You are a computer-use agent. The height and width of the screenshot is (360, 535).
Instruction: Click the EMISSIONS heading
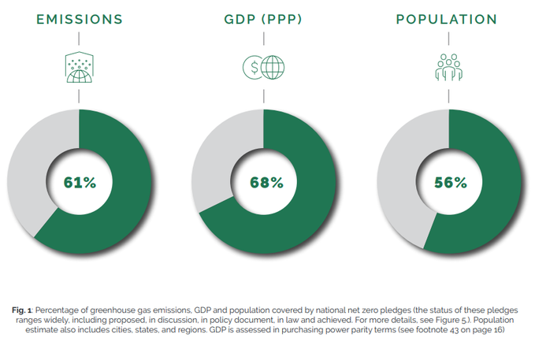(79, 20)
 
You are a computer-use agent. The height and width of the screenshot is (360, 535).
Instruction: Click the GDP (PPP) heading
(265, 20)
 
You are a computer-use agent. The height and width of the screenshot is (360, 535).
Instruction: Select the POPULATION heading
(447, 20)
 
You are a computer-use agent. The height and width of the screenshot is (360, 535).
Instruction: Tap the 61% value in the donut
(80, 182)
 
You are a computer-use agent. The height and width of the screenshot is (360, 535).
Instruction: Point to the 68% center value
(266, 182)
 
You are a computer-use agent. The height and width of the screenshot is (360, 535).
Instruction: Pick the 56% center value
(450, 182)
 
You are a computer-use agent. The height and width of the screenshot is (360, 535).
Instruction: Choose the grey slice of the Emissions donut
(28, 165)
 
